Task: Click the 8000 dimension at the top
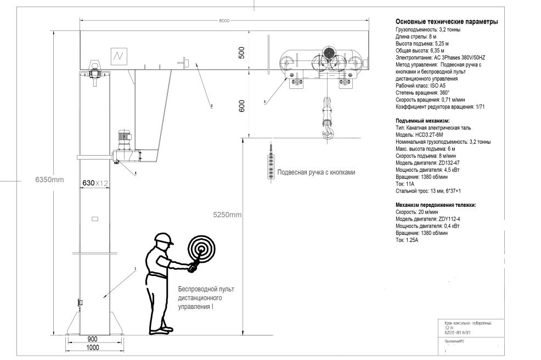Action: pyautogui.click(x=223, y=21)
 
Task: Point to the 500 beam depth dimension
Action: pyautogui.click(x=241, y=52)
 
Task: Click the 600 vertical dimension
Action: pyautogui.click(x=241, y=107)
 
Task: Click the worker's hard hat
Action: pyautogui.click(x=163, y=239)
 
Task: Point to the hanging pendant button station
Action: pyautogui.click(x=269, y=162)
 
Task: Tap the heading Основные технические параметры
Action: pyautogui.click(x=447, y=22)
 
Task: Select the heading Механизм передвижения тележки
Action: pyautogui.click(x=436, y=205)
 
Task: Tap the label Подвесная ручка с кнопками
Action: pyautogui.click(x=316, y=172)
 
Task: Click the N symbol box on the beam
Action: pyautogui.click(x=118, y=55)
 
